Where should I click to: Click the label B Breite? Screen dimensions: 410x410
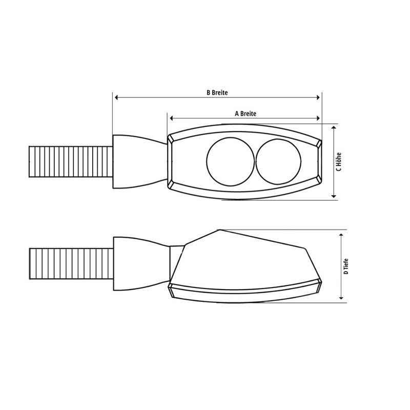point(217,93)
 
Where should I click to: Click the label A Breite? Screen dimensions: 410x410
point(245,113)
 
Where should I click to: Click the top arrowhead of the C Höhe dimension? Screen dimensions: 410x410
point(334,128)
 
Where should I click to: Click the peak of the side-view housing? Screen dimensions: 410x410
point(219,231)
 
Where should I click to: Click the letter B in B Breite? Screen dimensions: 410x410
point(208,93)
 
